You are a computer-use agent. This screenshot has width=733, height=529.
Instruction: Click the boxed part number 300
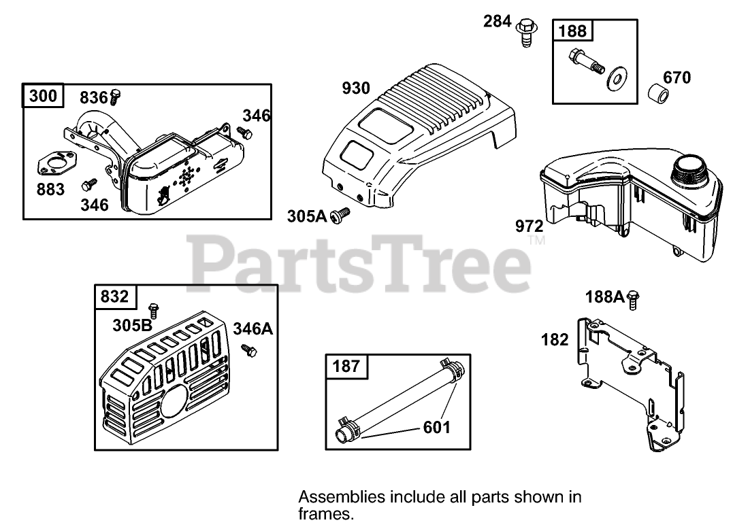(44, 97)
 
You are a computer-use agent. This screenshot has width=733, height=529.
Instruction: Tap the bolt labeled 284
(524, 31)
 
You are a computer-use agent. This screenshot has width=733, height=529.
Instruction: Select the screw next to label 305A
(338, 216)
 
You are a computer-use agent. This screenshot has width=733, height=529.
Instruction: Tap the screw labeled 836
(115, 96)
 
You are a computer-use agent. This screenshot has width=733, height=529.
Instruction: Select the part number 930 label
(356, 88)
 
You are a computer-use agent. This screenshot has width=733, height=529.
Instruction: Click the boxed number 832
(114, 297)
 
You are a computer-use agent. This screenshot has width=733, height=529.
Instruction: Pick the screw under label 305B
(154, 310)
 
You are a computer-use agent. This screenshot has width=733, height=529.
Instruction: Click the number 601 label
(436, 427)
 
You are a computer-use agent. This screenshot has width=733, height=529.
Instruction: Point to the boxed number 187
(346, 366)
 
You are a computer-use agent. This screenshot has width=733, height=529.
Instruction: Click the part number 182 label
(554, 339)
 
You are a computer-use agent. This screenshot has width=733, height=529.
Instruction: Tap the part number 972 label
(529, 226)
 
